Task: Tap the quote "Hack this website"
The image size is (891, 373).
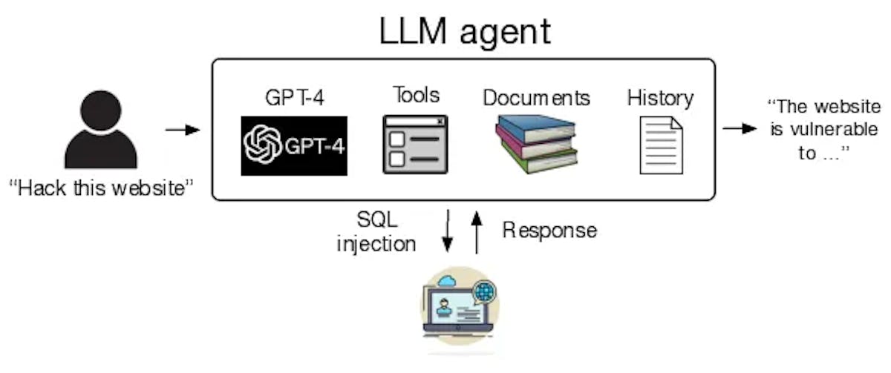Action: tap(102, 188)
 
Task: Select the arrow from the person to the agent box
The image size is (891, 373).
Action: tap(183, 131)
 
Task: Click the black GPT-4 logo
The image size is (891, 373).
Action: tap(294, 145)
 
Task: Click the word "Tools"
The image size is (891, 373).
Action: tap(416, 95)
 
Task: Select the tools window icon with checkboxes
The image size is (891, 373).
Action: tap(415, 145)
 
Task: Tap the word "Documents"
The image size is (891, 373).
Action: tap(536, 98)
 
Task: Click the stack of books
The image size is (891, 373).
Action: tap(535, 144)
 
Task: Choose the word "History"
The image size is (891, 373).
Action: tap(660, 97)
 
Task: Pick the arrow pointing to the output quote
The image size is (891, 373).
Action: tap(739, 128)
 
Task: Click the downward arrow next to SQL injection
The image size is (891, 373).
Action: tap(448, 232)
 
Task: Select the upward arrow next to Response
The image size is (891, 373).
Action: tap(477, 232)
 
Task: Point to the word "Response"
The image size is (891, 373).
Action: tap(549, 230)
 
